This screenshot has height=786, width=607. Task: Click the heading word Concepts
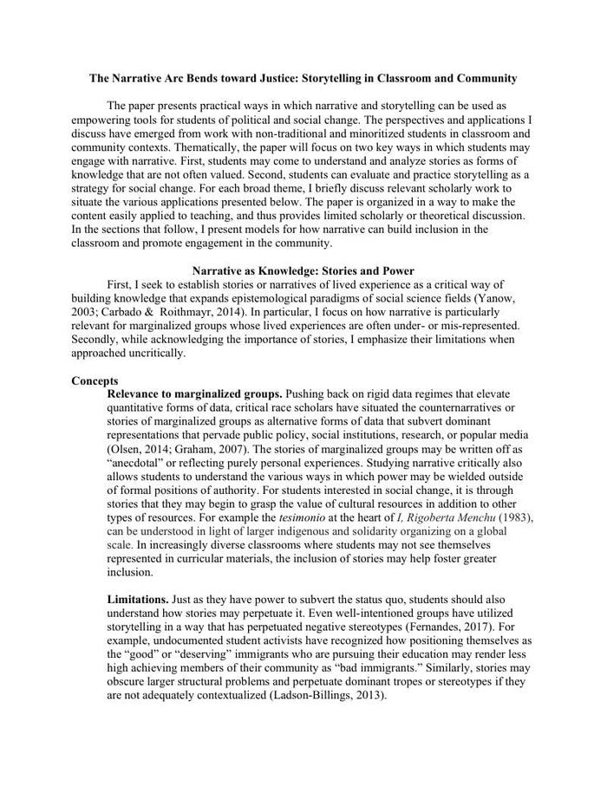click(x=95, y=380)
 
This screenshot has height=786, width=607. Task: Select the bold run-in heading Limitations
click(x=137, y=599)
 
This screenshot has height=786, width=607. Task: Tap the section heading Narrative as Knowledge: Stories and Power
click(x=303, y=271)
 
